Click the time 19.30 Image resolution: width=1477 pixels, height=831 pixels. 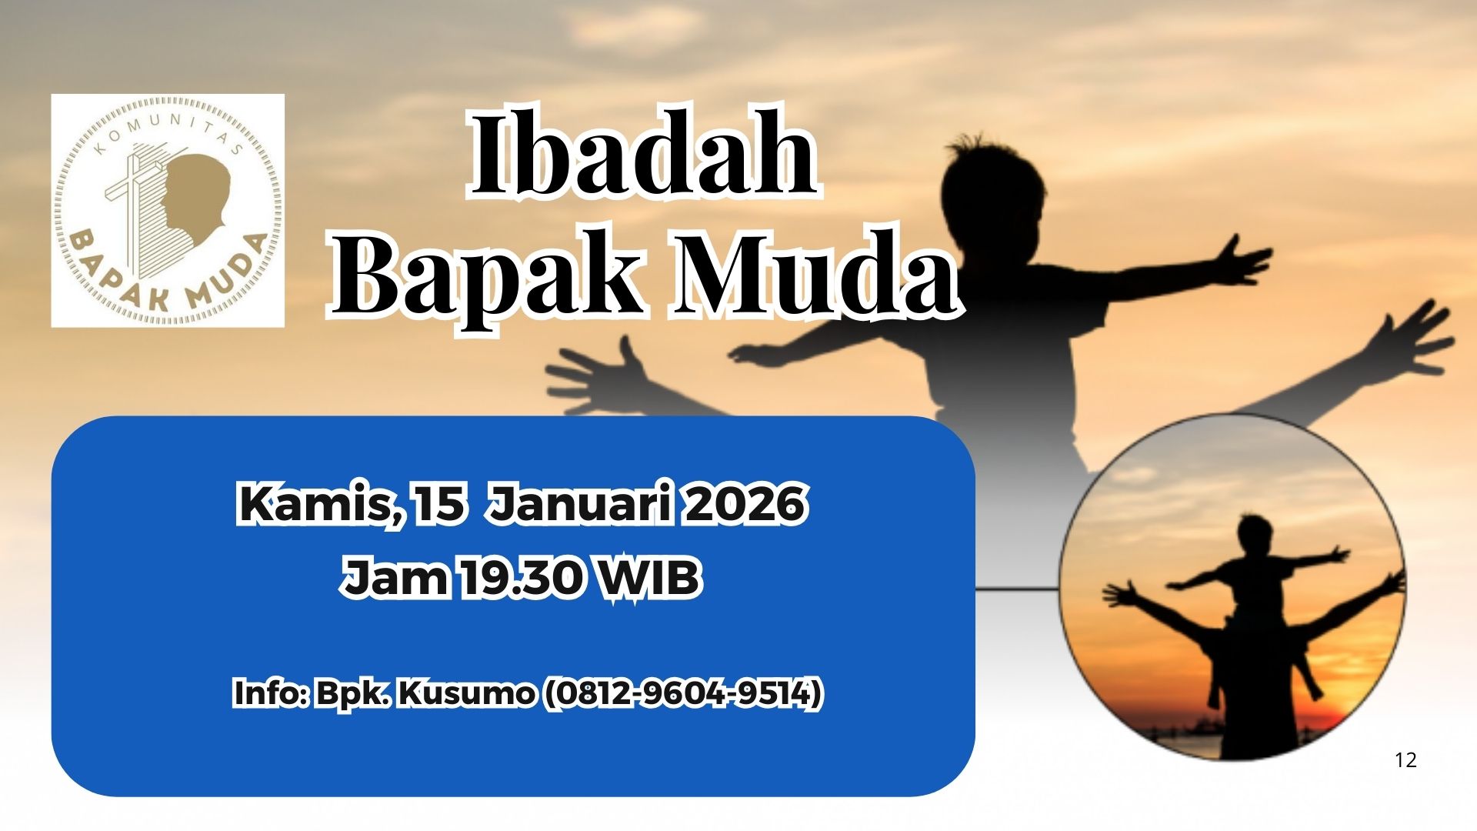(521, 577)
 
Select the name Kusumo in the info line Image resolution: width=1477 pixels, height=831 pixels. (467, 692)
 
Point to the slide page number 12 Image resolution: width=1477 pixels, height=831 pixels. (1405, 760)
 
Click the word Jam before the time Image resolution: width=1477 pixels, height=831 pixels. (395, 578)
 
